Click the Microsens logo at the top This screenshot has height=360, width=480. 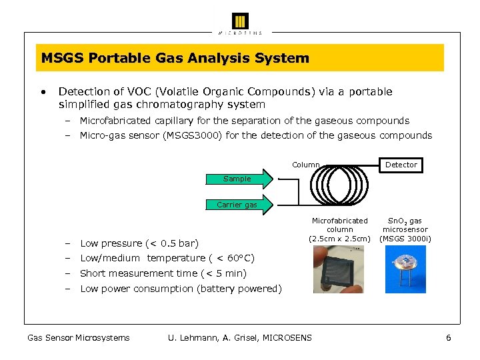(x=240, y=22)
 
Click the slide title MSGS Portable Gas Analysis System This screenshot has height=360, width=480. (x=175, y=58)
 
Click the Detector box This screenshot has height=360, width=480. (x=401, y=165)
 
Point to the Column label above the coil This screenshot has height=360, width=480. (x=306, y=165)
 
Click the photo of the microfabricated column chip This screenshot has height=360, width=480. (x=339, y=269)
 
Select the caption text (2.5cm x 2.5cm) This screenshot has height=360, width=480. (x=339, y=239)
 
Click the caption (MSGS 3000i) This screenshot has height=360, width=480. (x=405, y=239)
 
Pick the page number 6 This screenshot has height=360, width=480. (x=449, y=338)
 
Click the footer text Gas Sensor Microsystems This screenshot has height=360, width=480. (x=78, y=338)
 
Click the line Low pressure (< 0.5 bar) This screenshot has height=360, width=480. (x=139, y=243)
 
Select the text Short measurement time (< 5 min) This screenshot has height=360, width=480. (x=163, y=273)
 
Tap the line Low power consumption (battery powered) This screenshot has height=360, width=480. (x=181, y=289)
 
